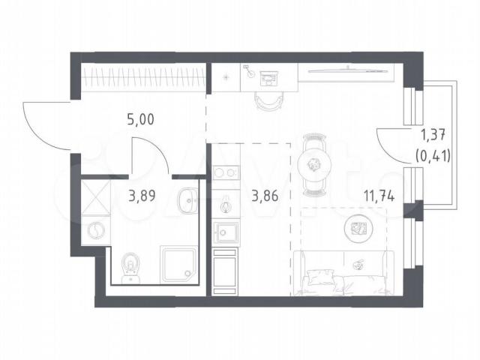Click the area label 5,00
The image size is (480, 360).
point(140,119)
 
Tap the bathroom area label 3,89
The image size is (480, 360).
point(142,196)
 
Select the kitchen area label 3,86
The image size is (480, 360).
point(265,196)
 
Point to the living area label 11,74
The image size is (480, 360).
point(379,196)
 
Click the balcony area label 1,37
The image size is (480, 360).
point(433,135)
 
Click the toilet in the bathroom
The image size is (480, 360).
point(131,268)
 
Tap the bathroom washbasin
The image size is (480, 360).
point(187,201)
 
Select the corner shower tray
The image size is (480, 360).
point(178,265)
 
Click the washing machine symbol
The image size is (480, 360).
point(96,230)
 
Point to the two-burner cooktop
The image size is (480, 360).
point(226,172)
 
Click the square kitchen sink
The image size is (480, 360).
point(226,232)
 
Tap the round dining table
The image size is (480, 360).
point(314,166)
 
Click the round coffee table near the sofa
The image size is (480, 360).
point(359,228)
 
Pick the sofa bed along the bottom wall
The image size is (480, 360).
point(343,273)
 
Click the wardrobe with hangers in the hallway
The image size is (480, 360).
point(143,77)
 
